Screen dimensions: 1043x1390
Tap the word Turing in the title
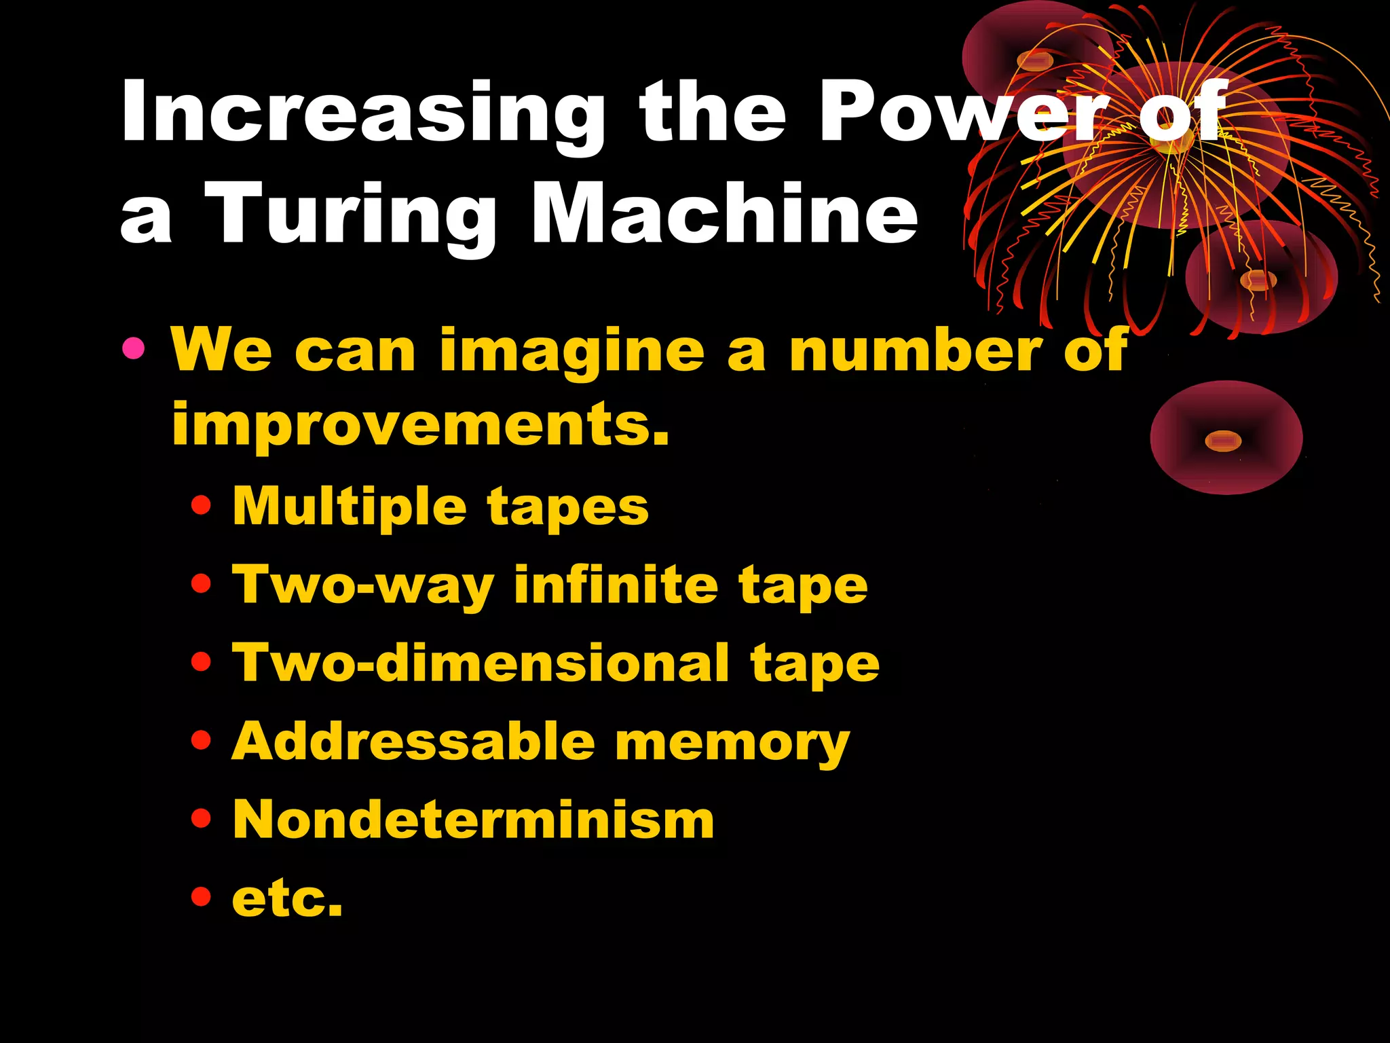click(350, 214)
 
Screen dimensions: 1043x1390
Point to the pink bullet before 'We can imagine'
click(134, 349)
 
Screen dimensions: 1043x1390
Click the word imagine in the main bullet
click(572, 351)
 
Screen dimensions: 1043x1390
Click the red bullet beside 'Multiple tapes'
click(202, 506)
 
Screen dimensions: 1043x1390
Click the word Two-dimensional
click(481, 663)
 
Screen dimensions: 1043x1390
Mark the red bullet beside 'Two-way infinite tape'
click(202, 583)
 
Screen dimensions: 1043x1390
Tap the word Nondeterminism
click(473, 820)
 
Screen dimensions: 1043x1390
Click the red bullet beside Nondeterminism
click(202, 818)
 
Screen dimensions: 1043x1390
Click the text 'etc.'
click(287, 898)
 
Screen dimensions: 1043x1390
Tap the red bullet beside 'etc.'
click(202, 896)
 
